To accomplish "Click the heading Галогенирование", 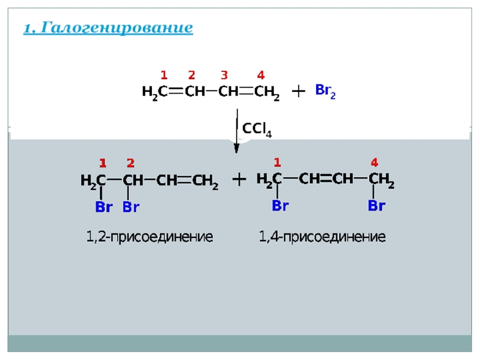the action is pos(108,28).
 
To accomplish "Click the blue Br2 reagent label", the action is pos(325,91).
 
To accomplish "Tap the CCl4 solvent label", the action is pos(256,129).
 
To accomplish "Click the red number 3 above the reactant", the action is pos(224,75).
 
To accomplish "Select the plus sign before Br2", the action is pos(298,91).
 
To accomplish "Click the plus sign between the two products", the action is pos(239,179).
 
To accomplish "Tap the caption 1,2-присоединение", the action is pos(149,237).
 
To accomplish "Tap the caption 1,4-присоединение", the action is pos(322,237).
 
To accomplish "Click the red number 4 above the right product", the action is pos(374,162).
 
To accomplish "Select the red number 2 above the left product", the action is pos(130,163).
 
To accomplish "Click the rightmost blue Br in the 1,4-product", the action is pos(376,206).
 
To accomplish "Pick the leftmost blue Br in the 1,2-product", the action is pos(104,208).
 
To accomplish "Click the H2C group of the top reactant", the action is pos(154,92).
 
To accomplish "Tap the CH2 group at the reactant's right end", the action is pos(266,92).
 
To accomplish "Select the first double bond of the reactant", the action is pos(175,92).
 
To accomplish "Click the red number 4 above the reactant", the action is pos(261,75).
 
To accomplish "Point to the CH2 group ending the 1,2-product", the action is pos(205,181).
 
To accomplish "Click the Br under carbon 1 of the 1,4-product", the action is pos(280,206).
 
